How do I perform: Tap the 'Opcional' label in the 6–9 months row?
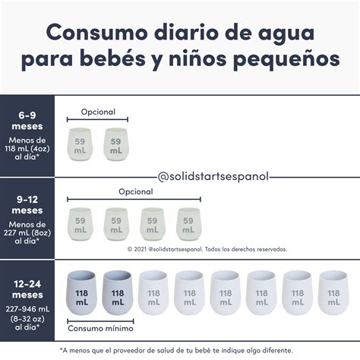click(x=97, y=112)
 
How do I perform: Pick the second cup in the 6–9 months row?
click(x=115, y=144)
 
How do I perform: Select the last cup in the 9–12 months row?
click(x=189, y=223)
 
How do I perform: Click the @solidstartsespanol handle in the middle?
click(x=213, y=176)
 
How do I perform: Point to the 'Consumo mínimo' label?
click(x=100, y=329)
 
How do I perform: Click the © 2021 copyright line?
click(x=207, y=248)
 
